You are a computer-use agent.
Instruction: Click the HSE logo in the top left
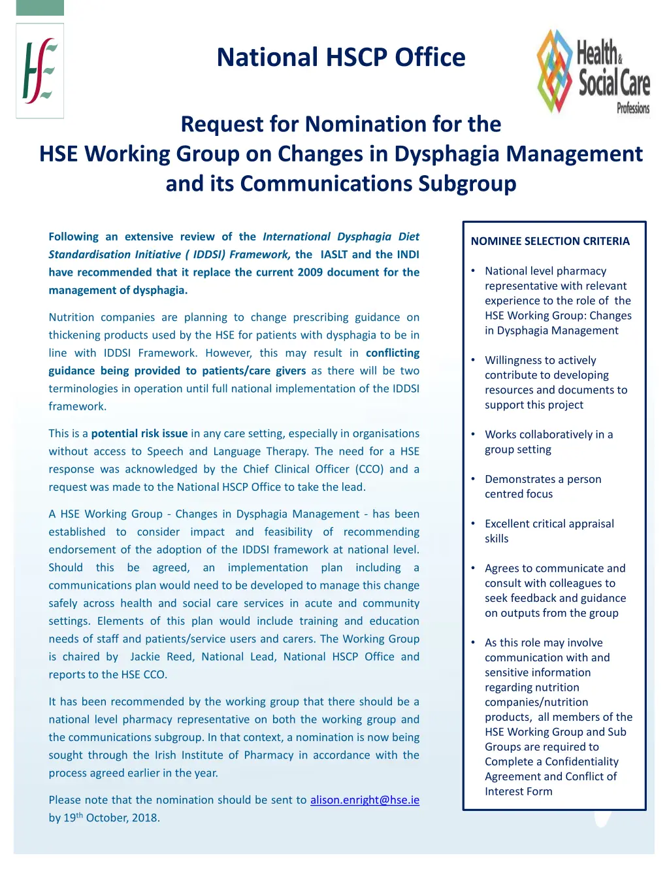click(39, 71)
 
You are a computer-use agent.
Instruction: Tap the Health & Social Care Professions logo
click(593, 72)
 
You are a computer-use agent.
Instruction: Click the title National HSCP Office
click(341, 58)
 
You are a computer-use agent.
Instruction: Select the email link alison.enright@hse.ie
click(365, 800)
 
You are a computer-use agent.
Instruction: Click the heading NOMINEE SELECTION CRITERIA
click(550, 241)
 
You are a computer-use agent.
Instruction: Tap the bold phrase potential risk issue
click(139, 433)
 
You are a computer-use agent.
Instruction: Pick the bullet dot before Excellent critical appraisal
click(473, 523)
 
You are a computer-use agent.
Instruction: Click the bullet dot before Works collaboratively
click(473, 435)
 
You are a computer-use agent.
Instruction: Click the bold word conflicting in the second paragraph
click(392, 353)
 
